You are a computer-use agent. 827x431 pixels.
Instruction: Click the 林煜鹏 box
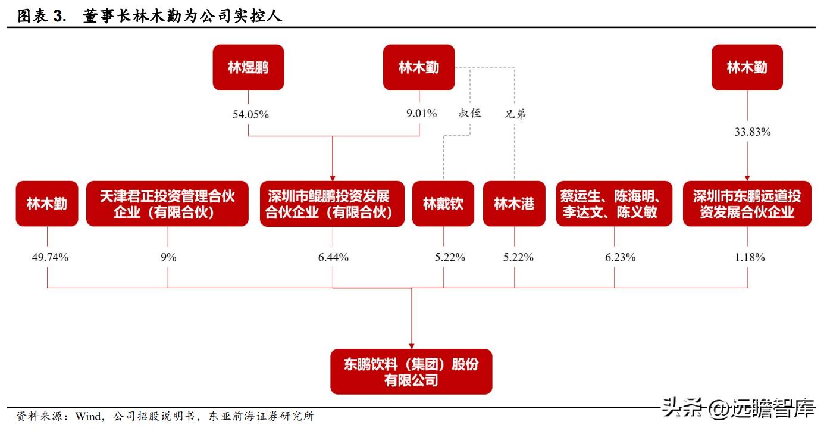tap(248, 68)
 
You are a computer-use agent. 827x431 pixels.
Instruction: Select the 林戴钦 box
tap(443, 204)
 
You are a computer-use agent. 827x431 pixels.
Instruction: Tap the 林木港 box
tap(514, 204)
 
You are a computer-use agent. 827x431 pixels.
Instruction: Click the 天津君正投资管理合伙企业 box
tap(167, 204)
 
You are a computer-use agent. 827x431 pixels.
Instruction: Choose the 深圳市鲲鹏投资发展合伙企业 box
tap(332, 204)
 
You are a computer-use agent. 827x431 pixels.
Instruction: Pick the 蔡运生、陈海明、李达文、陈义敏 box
tap(614, 204)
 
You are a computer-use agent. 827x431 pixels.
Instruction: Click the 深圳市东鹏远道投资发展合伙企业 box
tap(747, 204)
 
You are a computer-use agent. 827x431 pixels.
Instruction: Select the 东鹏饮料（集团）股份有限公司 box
tap(411, 371)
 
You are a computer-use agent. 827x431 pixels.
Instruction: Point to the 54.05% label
tap(250, 114)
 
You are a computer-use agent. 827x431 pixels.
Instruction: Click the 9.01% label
tap(422, 113)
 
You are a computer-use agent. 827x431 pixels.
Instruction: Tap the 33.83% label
tap(753, 132)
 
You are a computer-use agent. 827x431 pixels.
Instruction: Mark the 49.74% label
tap(50, 257)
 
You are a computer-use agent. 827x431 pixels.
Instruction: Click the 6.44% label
tap(333, 257)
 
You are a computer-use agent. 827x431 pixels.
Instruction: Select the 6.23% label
tap(620, 257)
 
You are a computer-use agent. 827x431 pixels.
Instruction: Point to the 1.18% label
tap(750, 257)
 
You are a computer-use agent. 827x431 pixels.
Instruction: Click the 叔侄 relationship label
tap(469, 113)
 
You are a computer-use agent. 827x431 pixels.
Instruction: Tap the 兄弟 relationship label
tap(515, 114)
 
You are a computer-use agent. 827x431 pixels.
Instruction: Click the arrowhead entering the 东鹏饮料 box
tap(412, 346)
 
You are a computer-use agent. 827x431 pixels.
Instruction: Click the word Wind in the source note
tap(89, 417)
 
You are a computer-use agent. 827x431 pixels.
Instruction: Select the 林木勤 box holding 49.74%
tap(47, 204)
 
